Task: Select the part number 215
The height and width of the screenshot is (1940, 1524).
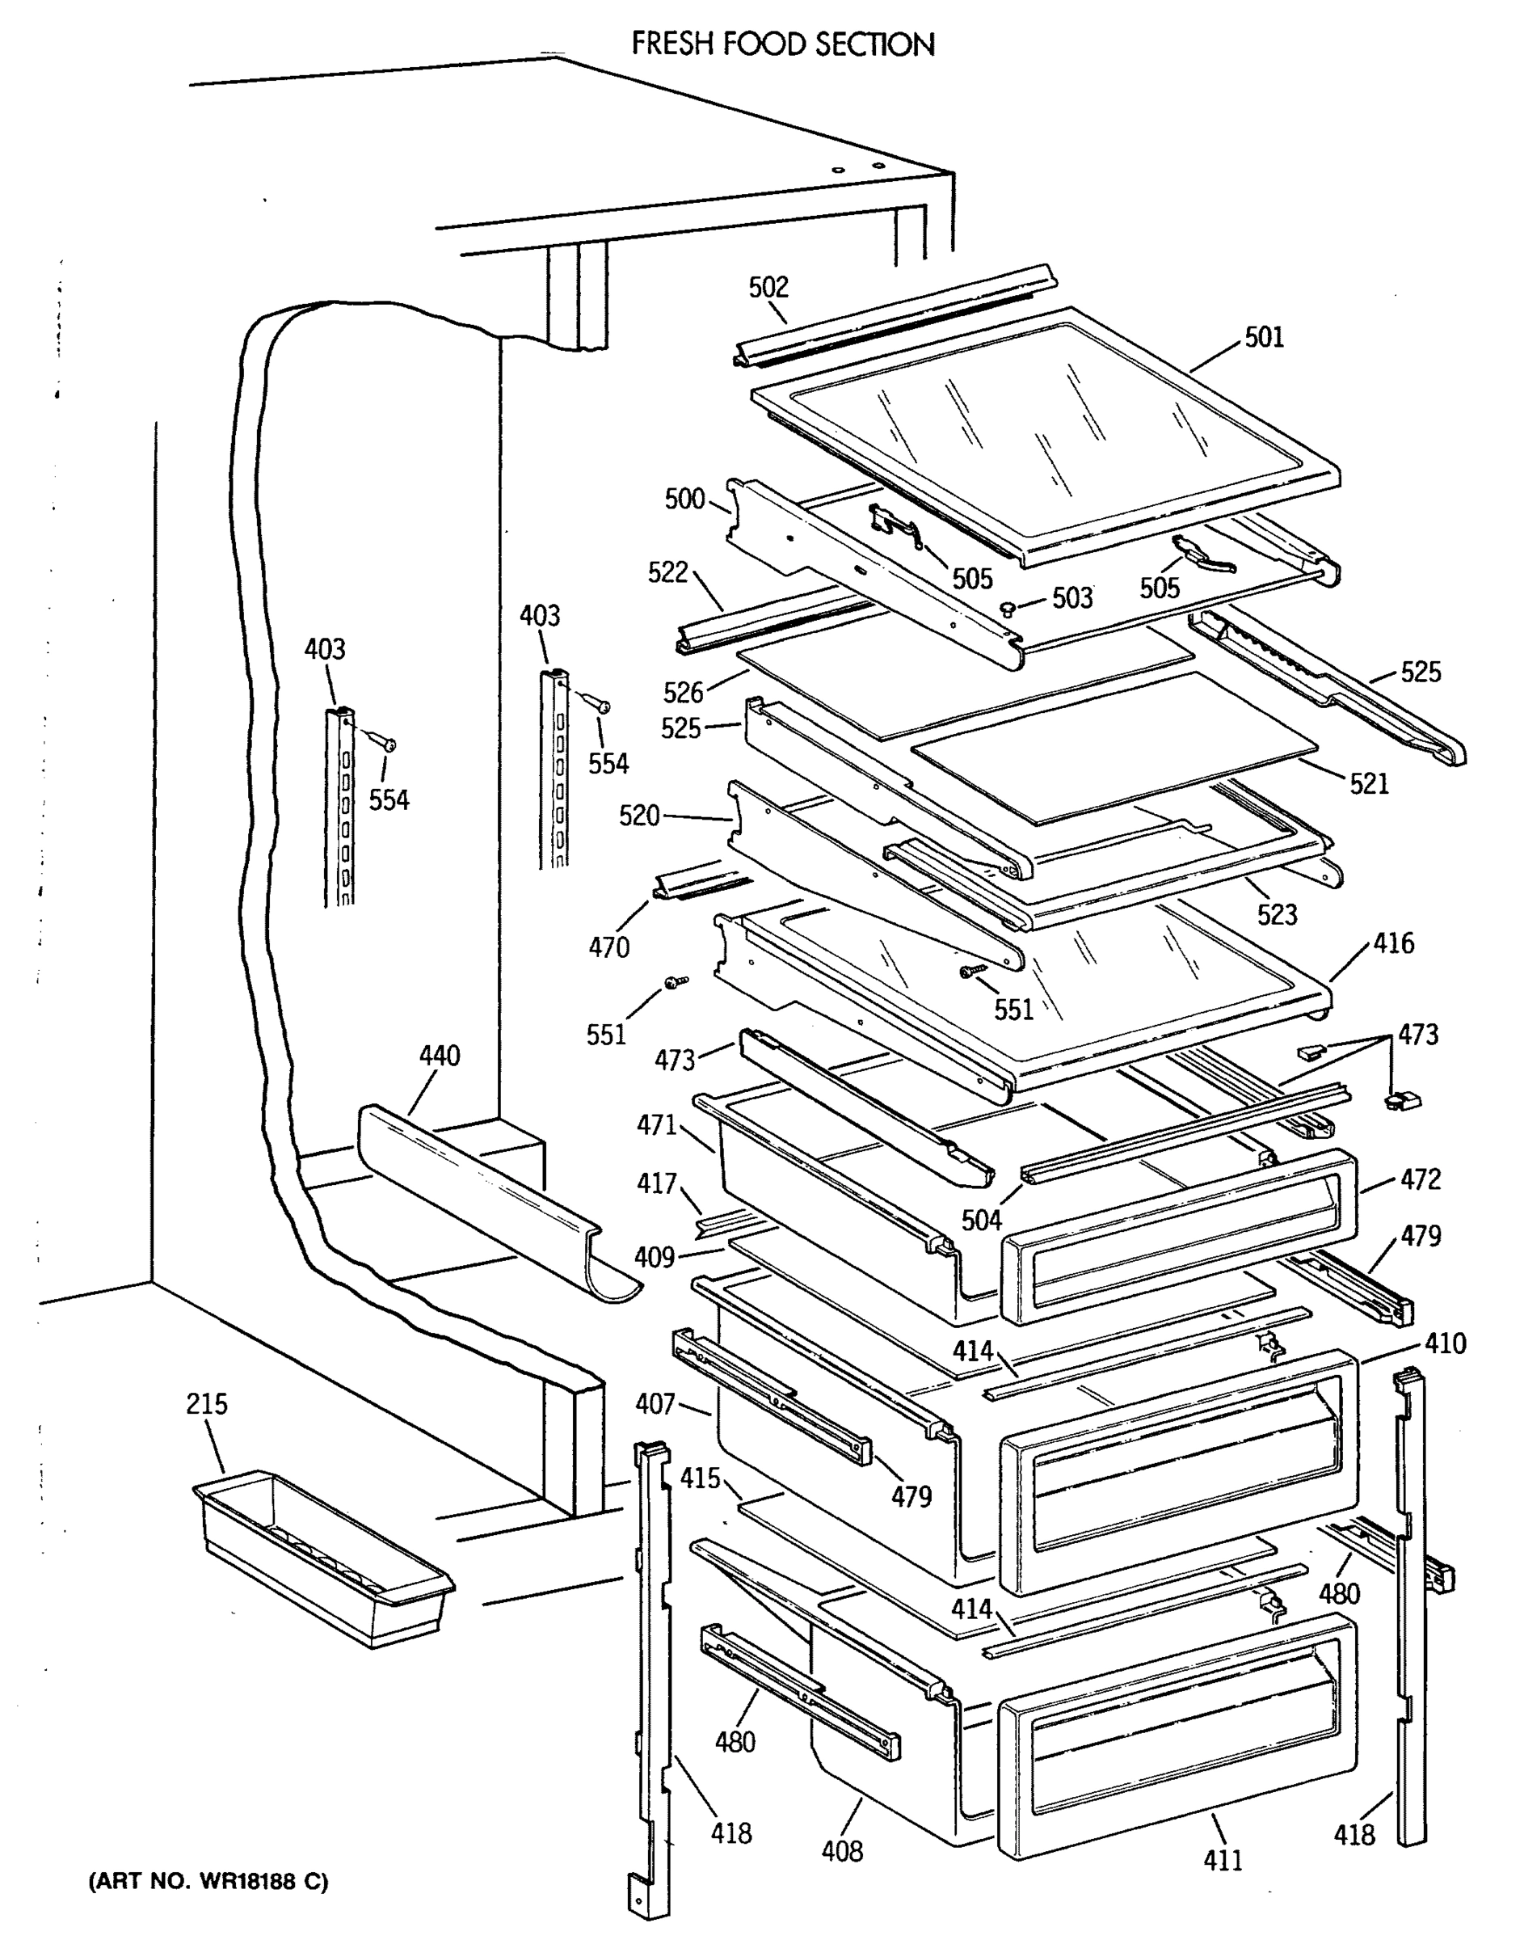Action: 206,1404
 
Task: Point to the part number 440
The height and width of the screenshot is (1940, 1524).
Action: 439,1056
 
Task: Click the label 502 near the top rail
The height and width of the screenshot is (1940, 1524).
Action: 768,286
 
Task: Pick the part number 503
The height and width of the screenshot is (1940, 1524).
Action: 1071,598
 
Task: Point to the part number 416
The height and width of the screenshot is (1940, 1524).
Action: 1394,943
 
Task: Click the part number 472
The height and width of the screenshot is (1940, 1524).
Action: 1420,1179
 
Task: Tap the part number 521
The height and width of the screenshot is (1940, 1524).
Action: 1369,783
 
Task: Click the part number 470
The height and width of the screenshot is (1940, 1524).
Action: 608,947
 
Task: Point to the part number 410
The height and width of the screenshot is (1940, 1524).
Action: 1445,1343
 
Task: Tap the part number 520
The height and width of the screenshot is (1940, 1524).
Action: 639,815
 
